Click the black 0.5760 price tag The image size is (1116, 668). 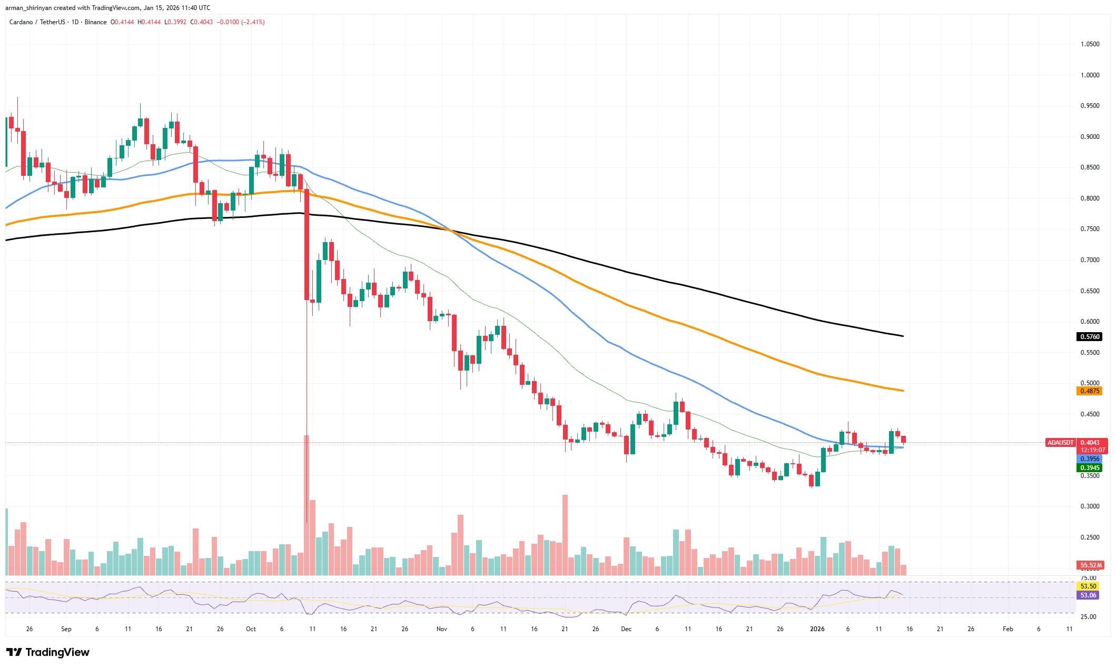point(1090,337)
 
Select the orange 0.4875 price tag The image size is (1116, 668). point(1090,391)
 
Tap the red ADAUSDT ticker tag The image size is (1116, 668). point(1060,443)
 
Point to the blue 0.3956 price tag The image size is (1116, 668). point(1090,459)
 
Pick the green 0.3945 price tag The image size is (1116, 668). point(1090,468)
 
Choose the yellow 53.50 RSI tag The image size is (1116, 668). point(1088,586)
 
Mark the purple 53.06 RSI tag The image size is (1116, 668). point(1088,595)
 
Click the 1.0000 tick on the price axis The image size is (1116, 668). point(1090,75)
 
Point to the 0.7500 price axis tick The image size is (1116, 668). point(1090,229)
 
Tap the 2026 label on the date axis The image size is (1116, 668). point(817,629)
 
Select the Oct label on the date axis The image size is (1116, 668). point(251,629)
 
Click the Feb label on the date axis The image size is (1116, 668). point(1008,629)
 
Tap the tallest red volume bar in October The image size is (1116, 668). point(307,505)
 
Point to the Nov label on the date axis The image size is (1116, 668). point(441,629)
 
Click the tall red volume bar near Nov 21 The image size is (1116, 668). point(565,534)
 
